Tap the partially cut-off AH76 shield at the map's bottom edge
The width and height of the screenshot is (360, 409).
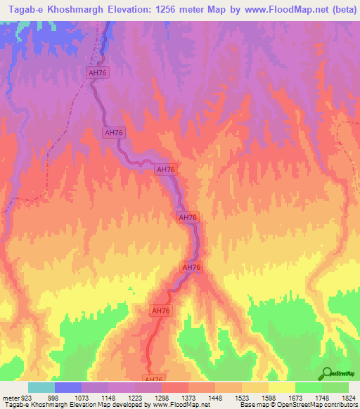click(x=155, y=378)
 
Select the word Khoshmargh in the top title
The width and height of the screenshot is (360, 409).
click(x=82, y=9)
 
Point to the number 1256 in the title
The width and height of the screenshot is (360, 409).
click(x=184, y=9)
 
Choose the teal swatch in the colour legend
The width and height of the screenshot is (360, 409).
click(x=41, y=387)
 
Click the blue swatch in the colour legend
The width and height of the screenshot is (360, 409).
click(x=68, y=387)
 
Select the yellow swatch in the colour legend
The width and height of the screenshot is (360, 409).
click(x=282, y=387)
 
